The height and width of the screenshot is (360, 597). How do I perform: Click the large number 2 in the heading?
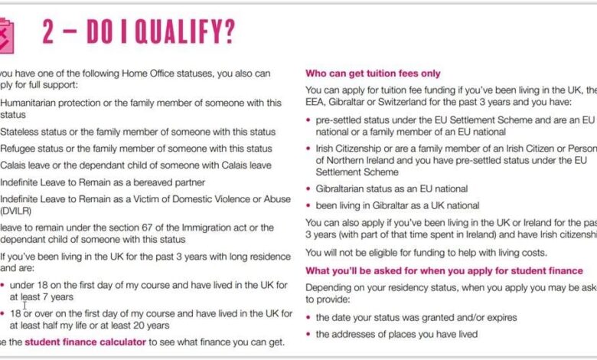(53, 33)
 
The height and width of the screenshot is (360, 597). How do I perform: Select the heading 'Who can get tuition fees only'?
(373, 74)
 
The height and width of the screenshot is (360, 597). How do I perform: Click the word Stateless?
(22, 132)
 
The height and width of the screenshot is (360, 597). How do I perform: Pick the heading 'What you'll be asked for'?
(444, 270)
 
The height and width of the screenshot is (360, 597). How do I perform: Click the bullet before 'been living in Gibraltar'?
(308, 205)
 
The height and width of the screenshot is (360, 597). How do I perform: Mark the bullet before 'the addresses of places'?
(308, 334)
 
